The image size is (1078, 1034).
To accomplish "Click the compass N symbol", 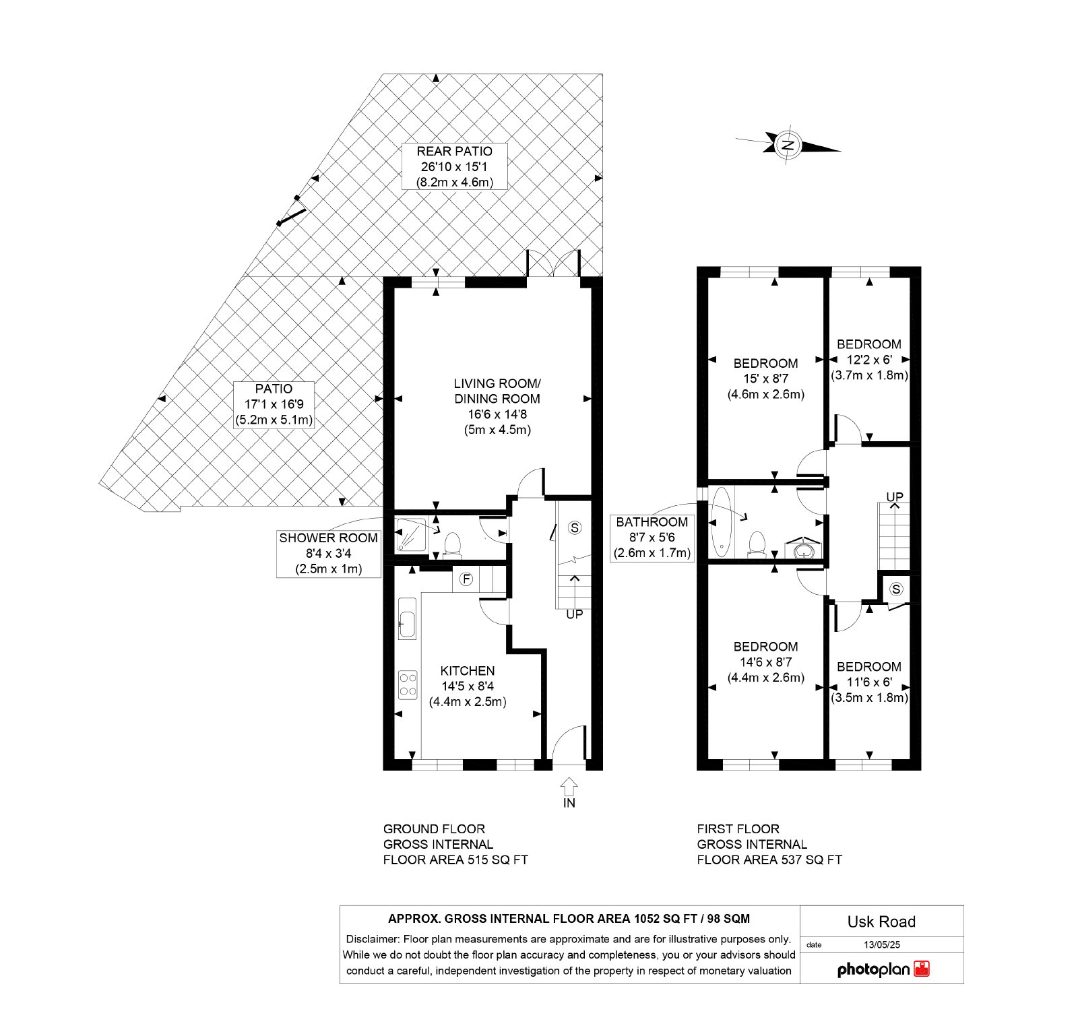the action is point(788,144).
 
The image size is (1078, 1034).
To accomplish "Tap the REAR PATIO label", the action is point(454,152).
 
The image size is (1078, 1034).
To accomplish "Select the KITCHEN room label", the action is point(468,671).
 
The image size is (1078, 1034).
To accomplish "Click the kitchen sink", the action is point(407,618).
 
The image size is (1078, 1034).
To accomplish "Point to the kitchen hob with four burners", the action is point(407,684).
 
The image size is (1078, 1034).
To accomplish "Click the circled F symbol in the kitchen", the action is point(466,579).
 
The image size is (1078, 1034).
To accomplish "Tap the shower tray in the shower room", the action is point(412,534).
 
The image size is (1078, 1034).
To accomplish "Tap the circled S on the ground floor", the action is point(575,527).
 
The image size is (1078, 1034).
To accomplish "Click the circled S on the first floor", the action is point(896,589).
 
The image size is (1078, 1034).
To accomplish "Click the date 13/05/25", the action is point(881,945).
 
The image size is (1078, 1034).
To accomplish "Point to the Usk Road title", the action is point(881,922).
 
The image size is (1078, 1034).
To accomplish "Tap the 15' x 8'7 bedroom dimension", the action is point(765,379).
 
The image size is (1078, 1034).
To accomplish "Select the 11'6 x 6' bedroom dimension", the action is point(869,682).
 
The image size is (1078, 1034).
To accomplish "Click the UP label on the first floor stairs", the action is point(895,497).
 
